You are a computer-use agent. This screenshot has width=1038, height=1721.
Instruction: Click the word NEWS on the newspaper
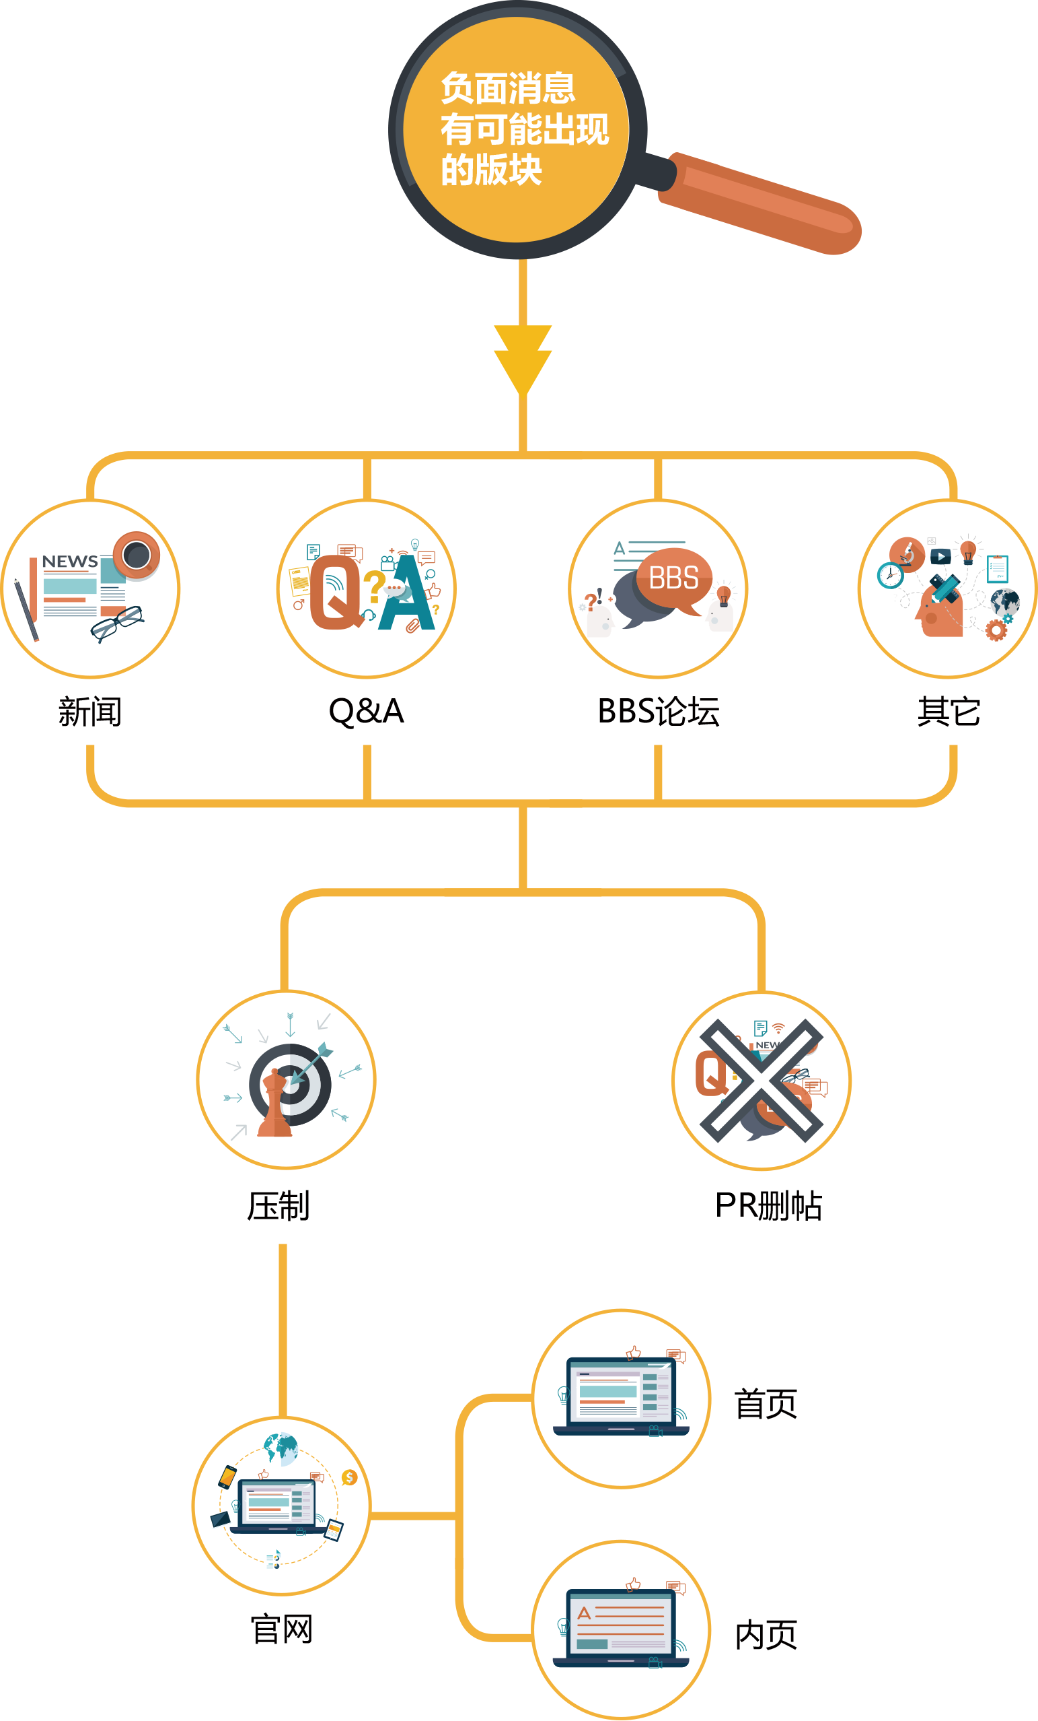click(x=70, y=562)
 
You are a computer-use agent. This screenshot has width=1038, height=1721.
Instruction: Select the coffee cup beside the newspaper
click(x=137, y=555)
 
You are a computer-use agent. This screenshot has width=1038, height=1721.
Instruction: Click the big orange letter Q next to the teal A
click(x=336, y=593)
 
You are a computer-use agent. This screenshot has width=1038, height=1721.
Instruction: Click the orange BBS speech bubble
click(x=674, y=579)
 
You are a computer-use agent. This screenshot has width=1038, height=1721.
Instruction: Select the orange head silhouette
click(x=939, y=615)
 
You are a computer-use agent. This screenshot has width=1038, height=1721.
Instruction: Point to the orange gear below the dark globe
click(x=996, y=631)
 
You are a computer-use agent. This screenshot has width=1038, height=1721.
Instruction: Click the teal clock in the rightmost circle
click(x=890, y=576)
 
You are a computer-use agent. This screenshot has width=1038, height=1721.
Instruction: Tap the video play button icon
click(x=941, y=557)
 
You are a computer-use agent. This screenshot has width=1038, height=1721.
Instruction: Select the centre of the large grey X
click(x=761, y=1081)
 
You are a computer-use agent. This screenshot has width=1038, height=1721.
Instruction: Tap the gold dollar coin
click(x=350, y=1477)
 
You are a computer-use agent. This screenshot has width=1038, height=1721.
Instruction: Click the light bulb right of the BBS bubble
click(x=724, y=596)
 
